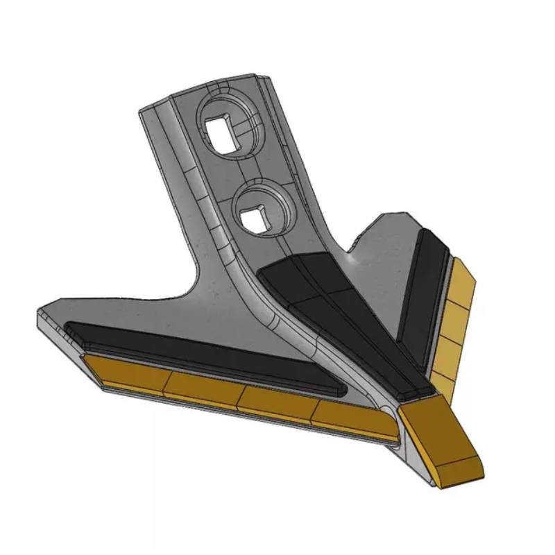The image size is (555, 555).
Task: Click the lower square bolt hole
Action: (255, 218)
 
